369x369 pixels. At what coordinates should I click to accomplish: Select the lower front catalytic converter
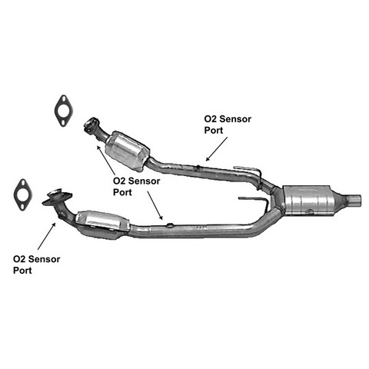click(102, 224)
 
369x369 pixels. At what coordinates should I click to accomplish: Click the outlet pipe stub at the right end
click(354, 200)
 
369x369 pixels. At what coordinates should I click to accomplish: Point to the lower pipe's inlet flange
click(57, 198)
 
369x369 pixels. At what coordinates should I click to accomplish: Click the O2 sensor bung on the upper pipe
click(198, 168)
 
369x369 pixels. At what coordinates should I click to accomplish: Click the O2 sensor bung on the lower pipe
click(170, 225)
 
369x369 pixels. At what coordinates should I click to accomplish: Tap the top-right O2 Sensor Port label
click(228, 125)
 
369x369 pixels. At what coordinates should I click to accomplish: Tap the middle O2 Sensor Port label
click(136, 187)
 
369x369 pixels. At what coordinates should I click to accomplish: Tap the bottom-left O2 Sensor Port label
click(36, 264)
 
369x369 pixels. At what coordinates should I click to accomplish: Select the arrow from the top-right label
click(217, 149)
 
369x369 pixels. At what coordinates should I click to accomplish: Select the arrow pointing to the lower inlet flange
click(47, 236)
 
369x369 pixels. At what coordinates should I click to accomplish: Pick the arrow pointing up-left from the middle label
click(105, 160)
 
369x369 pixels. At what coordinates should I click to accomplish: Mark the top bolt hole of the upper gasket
click(63, 99)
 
